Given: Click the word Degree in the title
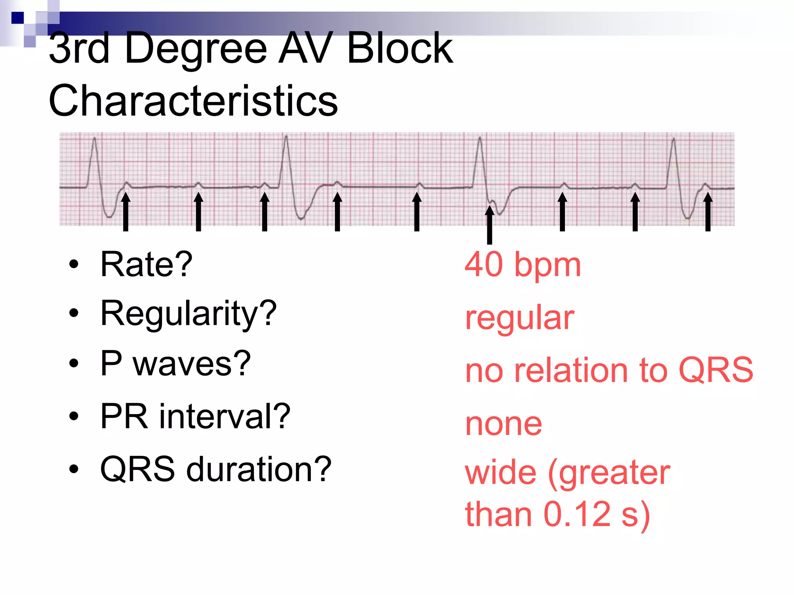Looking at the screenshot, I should point(196,50).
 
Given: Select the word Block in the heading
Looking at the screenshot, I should point(400,49).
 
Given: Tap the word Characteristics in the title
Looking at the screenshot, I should point(193,101).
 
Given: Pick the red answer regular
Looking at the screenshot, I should point(520,318).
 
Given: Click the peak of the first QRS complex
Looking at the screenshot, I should point(94,138).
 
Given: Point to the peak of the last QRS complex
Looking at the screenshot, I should point(674,139).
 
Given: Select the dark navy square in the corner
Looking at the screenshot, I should point(17,18).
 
